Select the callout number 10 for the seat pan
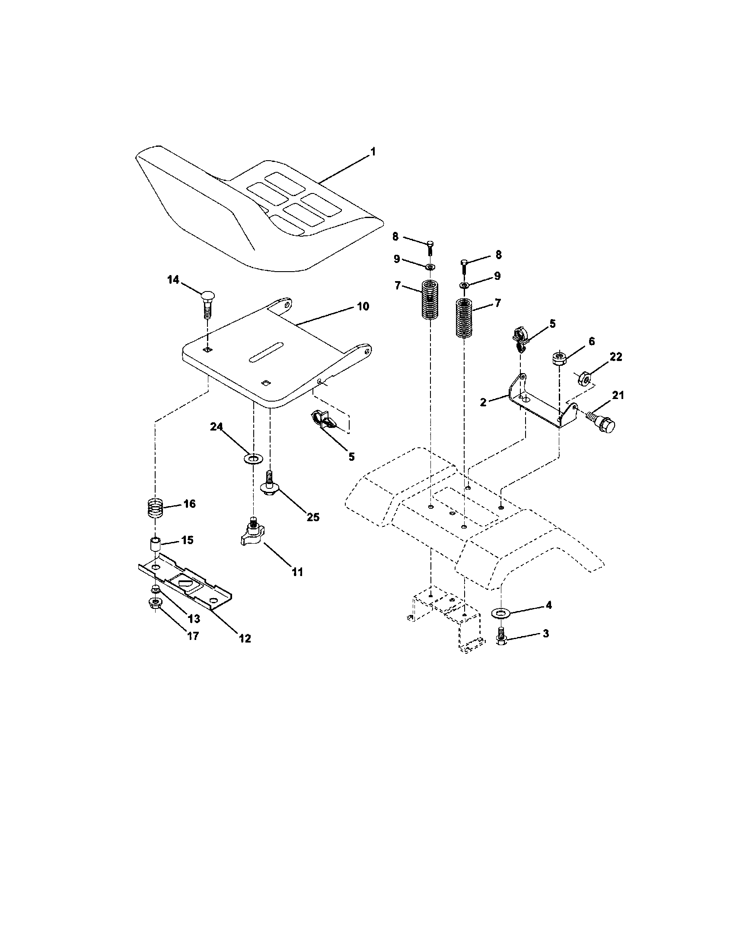pos(363,306)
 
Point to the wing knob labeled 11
pos(252,535)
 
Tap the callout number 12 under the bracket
pos(245,638)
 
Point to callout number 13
pos(193,618)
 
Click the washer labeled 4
pos(498,613)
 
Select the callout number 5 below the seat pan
pos(351,456)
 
